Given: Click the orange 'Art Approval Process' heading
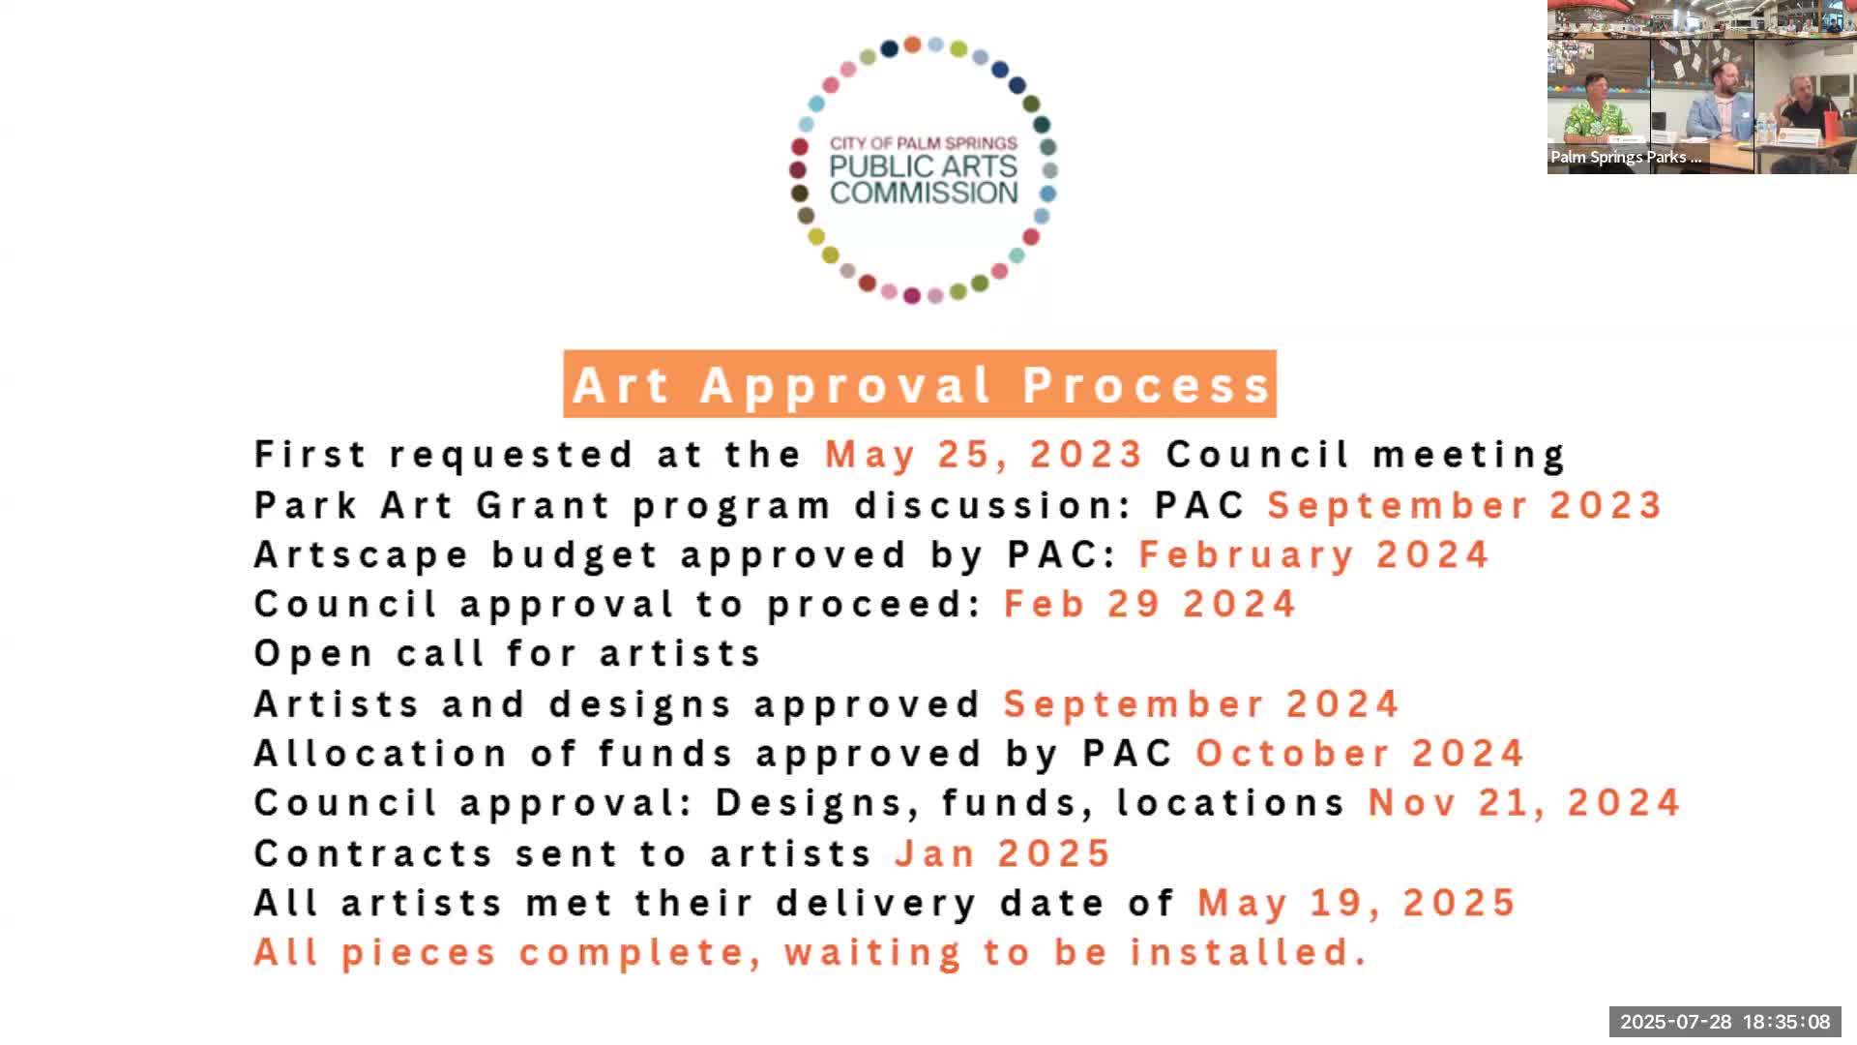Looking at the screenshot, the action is [x=920, y=384].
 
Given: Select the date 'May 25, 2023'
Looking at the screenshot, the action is [x=985, y=455].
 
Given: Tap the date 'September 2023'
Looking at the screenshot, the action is [x=1464, y=505].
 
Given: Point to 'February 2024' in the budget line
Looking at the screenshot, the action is [x=1313, y=555].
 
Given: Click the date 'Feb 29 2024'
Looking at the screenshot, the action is [x=1150, y=605].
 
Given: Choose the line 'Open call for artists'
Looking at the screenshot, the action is [x=508, y=654].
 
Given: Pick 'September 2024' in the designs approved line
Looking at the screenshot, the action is [x=1201, y=704].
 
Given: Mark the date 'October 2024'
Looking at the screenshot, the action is [x=1360, y=754].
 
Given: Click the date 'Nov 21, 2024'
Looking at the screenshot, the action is [x=1524, y=803].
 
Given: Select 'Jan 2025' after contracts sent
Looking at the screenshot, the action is [x=1003, y=853].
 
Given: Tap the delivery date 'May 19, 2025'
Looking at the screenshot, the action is [x=1357, y=904].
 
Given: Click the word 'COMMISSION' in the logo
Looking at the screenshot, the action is [x=924, y=193].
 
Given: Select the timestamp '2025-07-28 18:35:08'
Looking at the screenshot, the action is [x=1725, y=1022].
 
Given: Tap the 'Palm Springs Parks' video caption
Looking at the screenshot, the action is [x=1626, y=157].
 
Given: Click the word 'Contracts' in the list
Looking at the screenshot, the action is [x=372, y=853].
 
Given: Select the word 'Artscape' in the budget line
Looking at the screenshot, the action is [x=362, y=555].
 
